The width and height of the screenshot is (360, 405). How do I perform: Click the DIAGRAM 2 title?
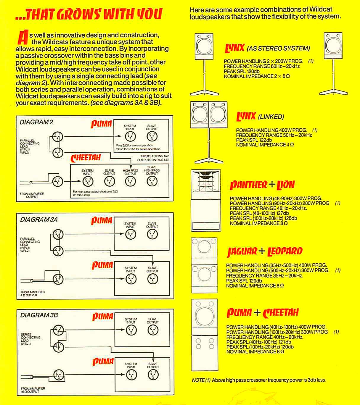click(x=36, y=122)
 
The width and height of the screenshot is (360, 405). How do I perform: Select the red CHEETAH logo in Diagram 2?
click(x=86, y=158)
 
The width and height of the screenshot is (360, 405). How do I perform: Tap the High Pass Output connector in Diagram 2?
click(x=131, y=181)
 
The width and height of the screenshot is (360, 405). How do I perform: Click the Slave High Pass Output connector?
click(x=152, y=181)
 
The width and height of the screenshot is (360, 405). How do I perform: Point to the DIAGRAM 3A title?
click(x=39, y=220)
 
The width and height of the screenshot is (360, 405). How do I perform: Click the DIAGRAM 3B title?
click(x=39, y=315)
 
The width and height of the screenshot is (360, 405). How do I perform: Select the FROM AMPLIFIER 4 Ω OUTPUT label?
click(x=33, y=293)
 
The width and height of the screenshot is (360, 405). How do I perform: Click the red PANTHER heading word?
click(x=248, y=185)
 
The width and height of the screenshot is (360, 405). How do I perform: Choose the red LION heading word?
click(x=286, y=185)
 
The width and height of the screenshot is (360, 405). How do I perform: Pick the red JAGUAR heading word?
click(x=242, y=251)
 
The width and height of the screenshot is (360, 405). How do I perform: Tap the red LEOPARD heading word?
click(x=285, y=251)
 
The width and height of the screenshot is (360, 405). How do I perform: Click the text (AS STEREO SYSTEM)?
click(x=278, y=48)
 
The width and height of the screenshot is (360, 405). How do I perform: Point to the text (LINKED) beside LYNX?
click(x=271, y=117)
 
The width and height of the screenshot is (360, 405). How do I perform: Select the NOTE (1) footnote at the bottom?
click(x=259, y=380)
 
